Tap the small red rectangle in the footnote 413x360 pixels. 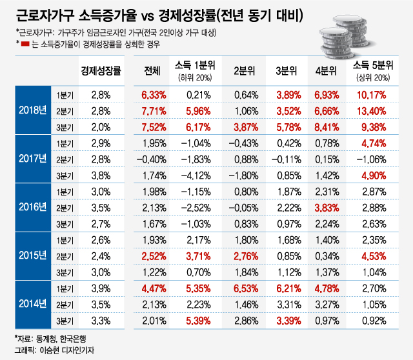pyautogui.click(x=25, y=45)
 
